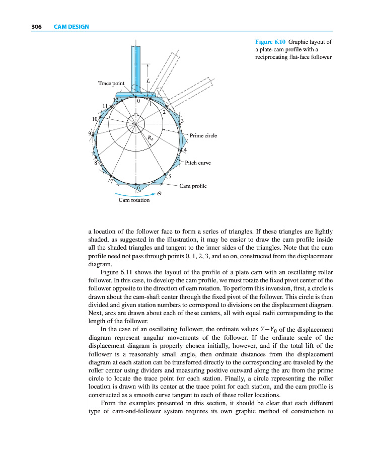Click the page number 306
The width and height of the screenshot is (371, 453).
[36, 26]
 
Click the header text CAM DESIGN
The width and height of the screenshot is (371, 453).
[71, 26]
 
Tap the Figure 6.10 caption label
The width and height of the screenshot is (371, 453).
[271, 42]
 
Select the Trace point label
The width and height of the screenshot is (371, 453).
[111, 83]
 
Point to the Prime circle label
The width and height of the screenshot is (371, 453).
[203, 136]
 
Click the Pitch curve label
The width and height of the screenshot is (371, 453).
[198, 163]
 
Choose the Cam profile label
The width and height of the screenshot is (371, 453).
[193, 186]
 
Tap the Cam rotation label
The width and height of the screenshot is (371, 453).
[134, 200]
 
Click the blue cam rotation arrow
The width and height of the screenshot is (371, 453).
[134, 194]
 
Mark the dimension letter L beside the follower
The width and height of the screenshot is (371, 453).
[147, 81]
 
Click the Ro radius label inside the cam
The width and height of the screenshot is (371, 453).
[150, 137]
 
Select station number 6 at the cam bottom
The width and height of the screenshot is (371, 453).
[138, 187]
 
